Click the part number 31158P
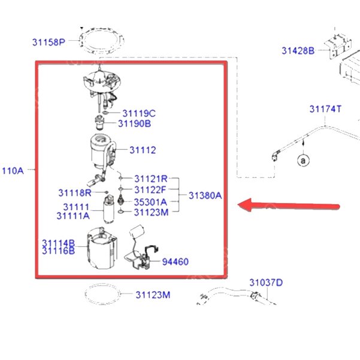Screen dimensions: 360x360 49,43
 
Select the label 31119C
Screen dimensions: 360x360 139,113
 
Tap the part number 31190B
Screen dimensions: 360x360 135,123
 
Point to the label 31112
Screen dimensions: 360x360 143,150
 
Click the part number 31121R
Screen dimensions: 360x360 151,179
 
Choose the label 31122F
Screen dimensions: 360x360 150,190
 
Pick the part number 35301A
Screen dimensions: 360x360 150,202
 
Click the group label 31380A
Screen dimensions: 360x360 205,196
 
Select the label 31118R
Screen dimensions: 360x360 75,193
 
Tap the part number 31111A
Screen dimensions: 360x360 73,216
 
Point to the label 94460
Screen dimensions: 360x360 176,262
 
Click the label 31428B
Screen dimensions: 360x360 298,51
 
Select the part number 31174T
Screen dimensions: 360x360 325,109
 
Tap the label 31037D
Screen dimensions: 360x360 266,283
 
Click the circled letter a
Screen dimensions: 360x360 303,161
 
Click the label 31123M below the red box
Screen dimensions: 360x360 153,295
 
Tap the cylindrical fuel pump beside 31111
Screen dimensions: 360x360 109,210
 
